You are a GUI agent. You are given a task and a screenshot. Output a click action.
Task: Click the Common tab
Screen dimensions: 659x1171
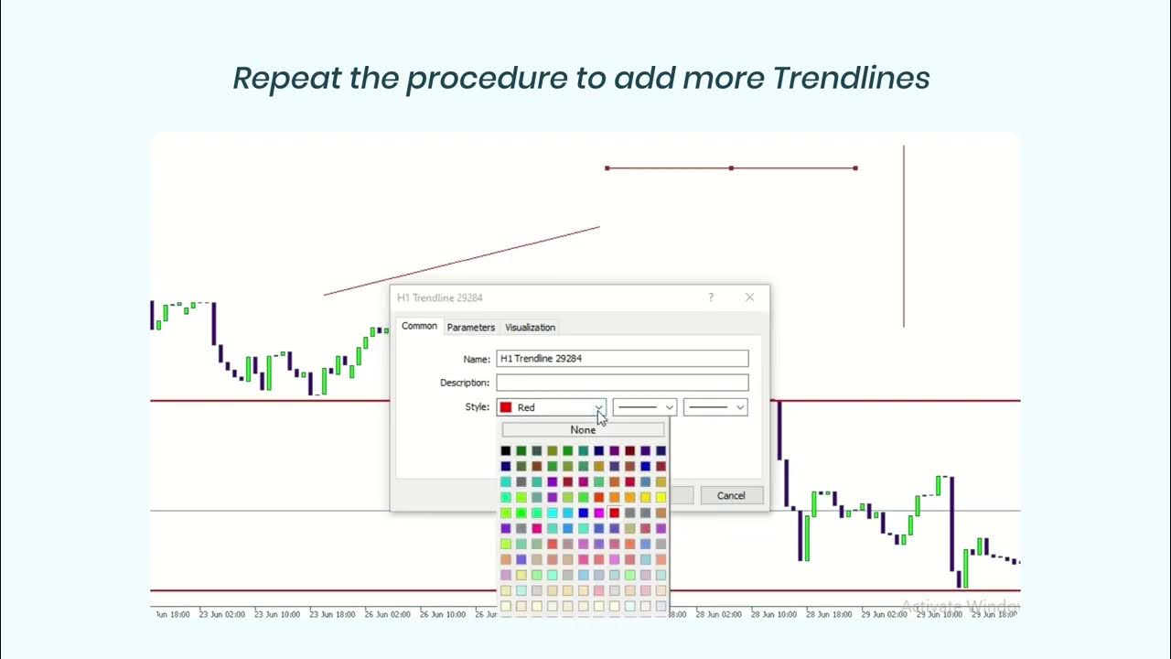[419, 327]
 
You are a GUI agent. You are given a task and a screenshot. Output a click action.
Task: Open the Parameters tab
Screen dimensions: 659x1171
[470, 328]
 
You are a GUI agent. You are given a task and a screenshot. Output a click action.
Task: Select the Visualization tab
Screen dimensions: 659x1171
[530, 328]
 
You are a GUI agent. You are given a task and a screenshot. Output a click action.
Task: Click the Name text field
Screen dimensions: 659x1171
[622, 359]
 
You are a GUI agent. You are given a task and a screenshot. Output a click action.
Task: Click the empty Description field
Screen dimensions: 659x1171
[622, 383]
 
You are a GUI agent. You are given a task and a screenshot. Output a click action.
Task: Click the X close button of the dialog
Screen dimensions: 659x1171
[749, 297]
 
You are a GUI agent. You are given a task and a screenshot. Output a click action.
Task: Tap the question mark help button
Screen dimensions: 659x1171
[711, 297]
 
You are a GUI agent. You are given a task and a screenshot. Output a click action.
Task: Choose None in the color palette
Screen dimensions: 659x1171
[583, 430]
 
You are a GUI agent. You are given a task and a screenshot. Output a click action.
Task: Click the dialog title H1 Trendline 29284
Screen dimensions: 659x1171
[440, 297]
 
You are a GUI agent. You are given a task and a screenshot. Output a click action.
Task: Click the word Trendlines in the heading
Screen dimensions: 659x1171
[851, 79]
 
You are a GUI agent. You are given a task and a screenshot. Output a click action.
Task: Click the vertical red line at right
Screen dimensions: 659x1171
[904, 238]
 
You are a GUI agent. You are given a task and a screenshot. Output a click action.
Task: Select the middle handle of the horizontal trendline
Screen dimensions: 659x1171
[731, 168]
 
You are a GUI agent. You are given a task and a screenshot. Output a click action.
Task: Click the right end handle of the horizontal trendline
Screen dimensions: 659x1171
[855, 168]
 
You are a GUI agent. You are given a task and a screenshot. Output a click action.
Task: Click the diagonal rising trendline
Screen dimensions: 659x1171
[462, 261]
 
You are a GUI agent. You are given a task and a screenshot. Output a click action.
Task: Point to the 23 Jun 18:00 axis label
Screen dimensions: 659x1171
[331, 615]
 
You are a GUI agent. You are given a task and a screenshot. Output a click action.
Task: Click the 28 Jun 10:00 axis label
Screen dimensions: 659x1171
[774, 615]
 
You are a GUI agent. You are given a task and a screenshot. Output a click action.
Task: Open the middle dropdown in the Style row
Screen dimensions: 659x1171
[645, 407]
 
